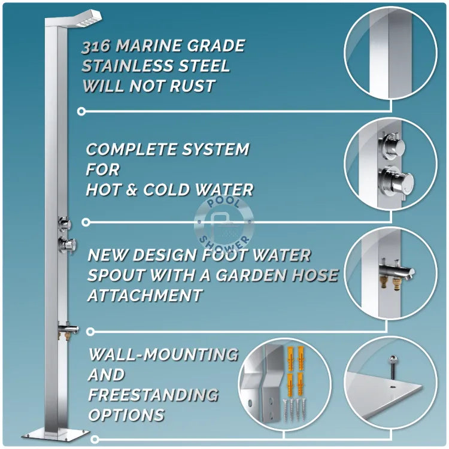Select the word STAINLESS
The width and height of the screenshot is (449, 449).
(x=128, y=66)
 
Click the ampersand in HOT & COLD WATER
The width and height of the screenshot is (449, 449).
(x=132, y=190)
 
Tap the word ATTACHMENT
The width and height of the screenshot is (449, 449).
(x=145, y=295)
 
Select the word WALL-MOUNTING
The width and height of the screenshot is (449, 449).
(x=163, y=354)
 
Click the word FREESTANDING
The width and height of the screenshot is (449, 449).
(x=153, y=395)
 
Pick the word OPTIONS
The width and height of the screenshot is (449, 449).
(x=126, y=415)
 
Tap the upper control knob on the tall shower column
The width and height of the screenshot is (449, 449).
(x=64, y=223)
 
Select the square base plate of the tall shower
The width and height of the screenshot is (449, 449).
(x=56, y=435)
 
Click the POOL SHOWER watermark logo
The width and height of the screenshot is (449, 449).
(x=224, y=223)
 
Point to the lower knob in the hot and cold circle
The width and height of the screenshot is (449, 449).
(x=396, y=180)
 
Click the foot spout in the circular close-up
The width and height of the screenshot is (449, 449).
(x=397, y=271)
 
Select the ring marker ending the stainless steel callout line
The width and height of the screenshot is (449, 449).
(x=81, y=111)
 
